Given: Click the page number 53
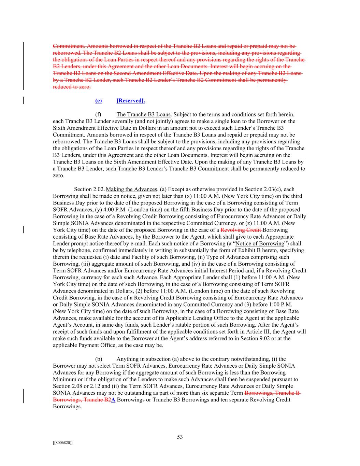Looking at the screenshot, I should [x=180, y=437].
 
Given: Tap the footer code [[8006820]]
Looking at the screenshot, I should [x=63, y=442].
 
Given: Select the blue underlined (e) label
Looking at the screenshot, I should [x=98, y=100].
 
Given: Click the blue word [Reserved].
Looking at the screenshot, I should [x=131, y=100].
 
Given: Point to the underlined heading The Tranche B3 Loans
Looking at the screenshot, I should [x=143, y=114].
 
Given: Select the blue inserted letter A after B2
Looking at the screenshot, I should [x=113, y=400].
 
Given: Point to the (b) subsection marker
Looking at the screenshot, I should [x=99, y=359].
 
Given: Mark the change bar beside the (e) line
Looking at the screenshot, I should [x=23, y=100].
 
